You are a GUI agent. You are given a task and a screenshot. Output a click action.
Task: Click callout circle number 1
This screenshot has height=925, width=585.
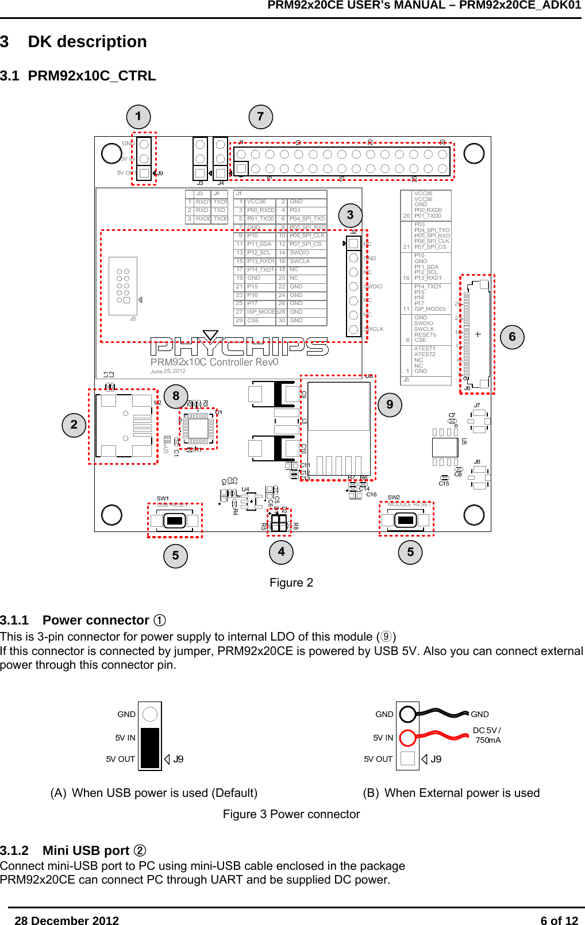pos(138,117)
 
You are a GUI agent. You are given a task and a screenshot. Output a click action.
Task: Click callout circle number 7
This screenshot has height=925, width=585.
pos(260,117)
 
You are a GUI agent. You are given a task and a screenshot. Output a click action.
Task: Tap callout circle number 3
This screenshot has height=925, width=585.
pos(350,215)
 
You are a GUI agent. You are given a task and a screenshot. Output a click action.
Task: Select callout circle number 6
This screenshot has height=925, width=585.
pos(512,337)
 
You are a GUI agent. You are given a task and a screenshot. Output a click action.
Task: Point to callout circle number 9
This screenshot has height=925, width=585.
pos(390,404)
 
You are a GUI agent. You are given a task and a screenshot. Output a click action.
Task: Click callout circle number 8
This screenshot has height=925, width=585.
pos(176,396)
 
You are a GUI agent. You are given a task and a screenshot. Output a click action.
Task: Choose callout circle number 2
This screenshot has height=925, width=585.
pos(74,425)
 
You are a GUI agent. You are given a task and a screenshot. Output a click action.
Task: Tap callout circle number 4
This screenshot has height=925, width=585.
pos(281,552)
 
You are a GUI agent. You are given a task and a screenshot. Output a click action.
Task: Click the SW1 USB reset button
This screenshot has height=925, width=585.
pos(174,521)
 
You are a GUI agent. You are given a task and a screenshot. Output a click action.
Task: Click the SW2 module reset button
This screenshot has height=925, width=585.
pos(406,520)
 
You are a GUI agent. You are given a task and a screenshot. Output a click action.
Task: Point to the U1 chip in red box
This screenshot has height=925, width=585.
pos(198,428)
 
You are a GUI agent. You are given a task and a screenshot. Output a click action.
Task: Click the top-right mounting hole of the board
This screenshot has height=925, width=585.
pos(474,153)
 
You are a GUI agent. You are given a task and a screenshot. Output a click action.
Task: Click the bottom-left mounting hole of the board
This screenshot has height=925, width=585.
pos(111,515)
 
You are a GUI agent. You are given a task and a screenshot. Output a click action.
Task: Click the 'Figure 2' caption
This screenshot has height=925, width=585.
pos(291,583)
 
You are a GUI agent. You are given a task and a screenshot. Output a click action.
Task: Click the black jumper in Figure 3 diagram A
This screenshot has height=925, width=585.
pos(150,747)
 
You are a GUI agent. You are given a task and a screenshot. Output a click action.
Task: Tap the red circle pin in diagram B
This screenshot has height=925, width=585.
pos(407,737)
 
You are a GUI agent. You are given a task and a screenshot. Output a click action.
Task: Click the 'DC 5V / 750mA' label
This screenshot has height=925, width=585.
pos(487,735)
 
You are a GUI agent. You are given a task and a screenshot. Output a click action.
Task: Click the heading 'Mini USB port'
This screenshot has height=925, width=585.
pos(86,850)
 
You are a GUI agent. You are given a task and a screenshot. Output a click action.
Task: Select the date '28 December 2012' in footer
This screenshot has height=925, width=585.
pos(67,916)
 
